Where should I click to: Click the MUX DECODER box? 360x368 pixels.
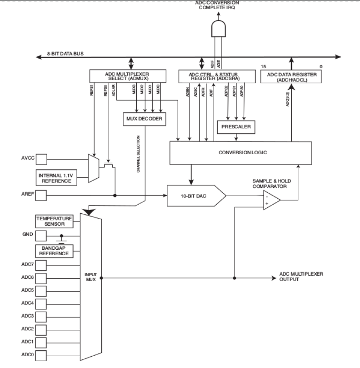145,119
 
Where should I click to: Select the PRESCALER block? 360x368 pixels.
236,126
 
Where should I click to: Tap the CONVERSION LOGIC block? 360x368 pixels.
241,152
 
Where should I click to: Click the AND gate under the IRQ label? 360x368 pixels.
219,29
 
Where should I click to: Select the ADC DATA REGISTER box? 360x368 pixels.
291,77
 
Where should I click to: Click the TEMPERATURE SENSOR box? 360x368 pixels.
55,221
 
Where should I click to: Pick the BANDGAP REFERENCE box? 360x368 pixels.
55,250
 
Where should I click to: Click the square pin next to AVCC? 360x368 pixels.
41,159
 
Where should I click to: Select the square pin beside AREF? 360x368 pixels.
41,196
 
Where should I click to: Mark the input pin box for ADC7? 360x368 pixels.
41,264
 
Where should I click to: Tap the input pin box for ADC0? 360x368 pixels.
41,355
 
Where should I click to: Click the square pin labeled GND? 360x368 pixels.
41,236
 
